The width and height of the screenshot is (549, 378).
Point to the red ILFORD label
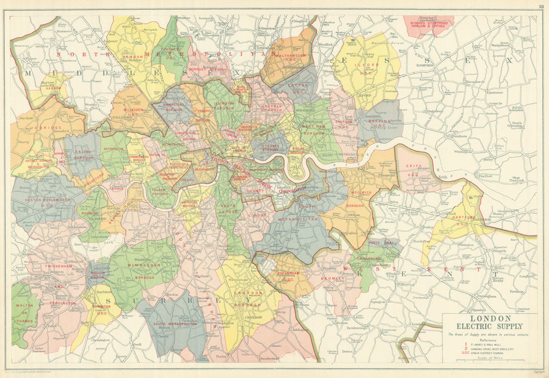tap(369, 65)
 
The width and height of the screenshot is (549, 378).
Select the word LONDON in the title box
tap(490, 318)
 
